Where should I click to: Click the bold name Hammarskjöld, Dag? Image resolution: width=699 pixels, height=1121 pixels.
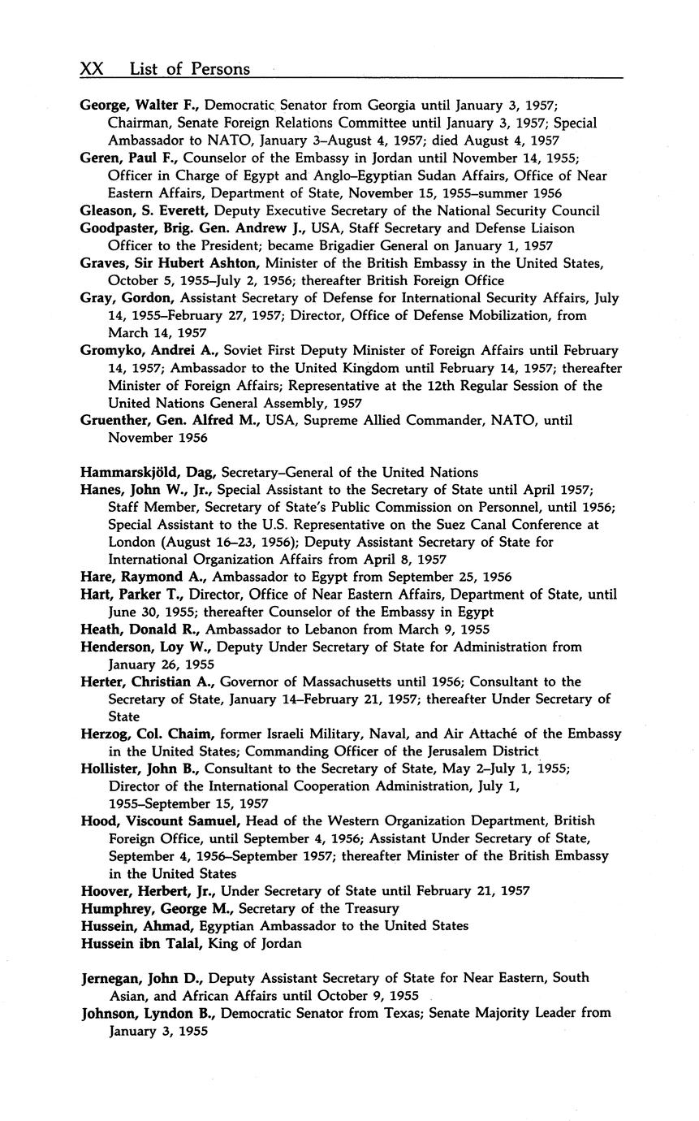[149, 472]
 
